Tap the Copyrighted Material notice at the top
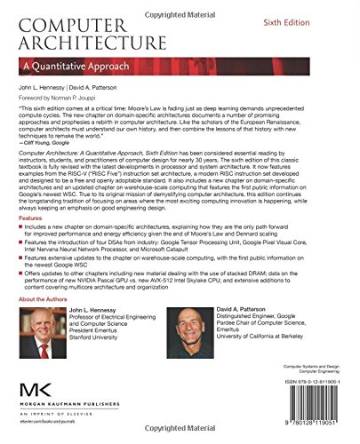coord(180,5)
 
